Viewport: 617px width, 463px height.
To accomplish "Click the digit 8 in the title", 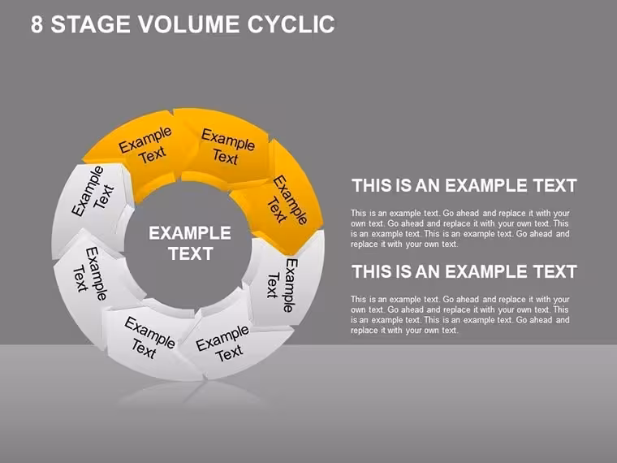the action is click(37, 24).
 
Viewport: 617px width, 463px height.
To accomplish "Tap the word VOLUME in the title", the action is click(188, 24).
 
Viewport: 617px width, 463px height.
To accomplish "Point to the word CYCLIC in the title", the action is click(291, 24).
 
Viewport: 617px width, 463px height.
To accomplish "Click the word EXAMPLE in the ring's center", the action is click(190, 233).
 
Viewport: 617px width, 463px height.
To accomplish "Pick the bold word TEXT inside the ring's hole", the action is click(191, 254).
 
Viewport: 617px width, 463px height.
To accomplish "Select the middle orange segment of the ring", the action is click(227, 148).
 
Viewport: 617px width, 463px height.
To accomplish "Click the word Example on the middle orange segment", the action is click(228, 140).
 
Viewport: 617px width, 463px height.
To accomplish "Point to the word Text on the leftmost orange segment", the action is click(153, 154).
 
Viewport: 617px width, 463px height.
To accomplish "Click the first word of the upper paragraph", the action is click(359, 213).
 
